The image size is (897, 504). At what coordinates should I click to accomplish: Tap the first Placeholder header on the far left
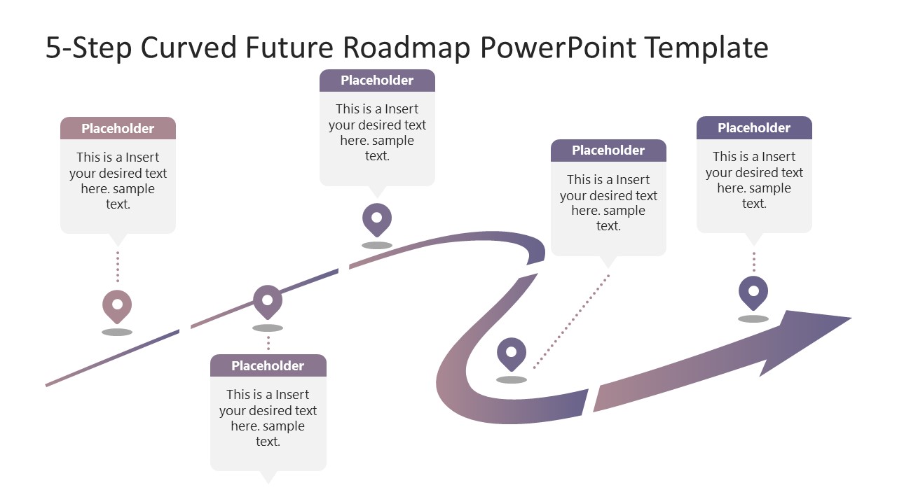(x=118, y=128)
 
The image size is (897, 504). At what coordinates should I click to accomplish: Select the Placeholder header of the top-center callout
(x=377, y=80)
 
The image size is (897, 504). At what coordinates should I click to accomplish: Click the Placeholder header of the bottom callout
(x=268, y=365)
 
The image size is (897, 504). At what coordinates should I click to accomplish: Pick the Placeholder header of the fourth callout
(x=608, y=150)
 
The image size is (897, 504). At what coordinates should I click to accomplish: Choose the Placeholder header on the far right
(x=754, y=127)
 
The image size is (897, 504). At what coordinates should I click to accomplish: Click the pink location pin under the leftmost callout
(x=117, y=305)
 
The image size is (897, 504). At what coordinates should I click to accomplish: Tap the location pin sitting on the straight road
(x=268, y=300)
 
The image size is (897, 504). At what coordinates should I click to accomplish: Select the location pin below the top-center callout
(x=377, y=218)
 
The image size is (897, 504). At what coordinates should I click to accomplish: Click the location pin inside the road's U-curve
(x=512, y=353)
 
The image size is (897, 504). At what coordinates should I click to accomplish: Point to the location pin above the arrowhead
(x=753, y=291)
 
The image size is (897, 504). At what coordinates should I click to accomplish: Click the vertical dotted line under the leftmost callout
(x=118, y=266)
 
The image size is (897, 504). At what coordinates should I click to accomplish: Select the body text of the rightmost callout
(x=754, y=180)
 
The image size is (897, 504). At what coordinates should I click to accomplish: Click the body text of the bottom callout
(x=268, y=418)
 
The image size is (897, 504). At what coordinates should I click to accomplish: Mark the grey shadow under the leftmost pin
(x=117, y=332)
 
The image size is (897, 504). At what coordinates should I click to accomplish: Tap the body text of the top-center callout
(x=377, y=132)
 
